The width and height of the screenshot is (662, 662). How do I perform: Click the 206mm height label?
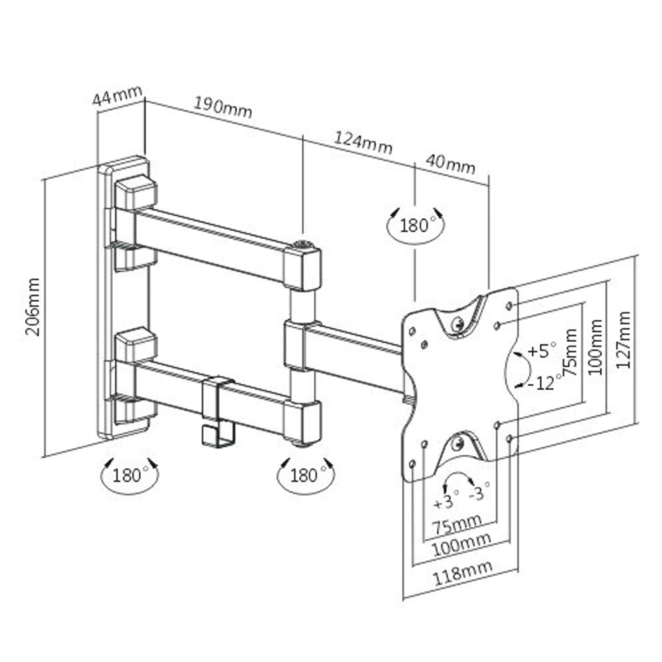pos(33,306)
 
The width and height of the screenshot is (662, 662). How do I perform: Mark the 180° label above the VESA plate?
pos(417,225)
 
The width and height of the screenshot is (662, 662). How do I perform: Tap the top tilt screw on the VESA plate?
pos(457,323)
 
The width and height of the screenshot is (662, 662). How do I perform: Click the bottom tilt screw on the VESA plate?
pos(457,444)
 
